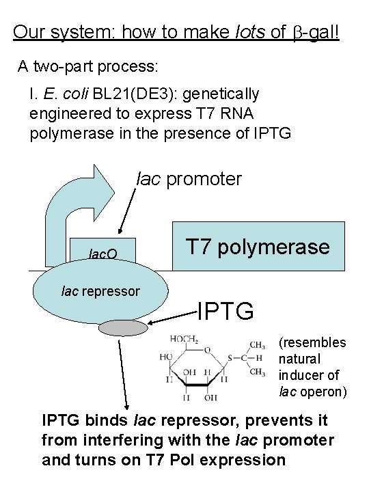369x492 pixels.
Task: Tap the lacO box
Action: click(103, 254)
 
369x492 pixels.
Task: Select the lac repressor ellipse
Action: click(100, 292)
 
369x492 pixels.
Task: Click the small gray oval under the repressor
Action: click(118, 328)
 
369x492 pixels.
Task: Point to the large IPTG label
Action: click(225, 312)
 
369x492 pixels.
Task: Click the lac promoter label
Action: click(189, 179)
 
